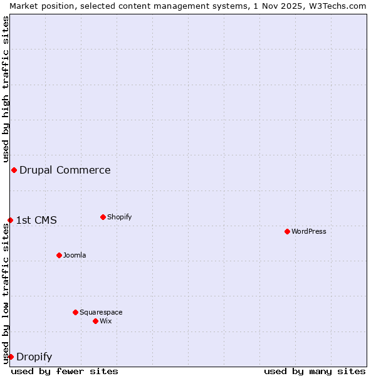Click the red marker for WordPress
[x=287, y=231]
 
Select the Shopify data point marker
[x=103, y=217]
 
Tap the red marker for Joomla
[x=59, y=255]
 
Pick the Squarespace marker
[x=75, y=312]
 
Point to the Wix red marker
[x=95, y=321]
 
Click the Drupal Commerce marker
[x=14, y=170]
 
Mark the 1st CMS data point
[x=10, y=220]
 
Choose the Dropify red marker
[x=11, y=357]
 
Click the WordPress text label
[x=309, y=231]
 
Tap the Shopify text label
[x=120, y=217]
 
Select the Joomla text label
[x=75, y=255]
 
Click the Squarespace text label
[x=101, y=312]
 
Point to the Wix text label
[x=106, y=321]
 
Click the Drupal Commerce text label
[x=65, y=170]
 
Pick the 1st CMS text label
[x=36, y=220]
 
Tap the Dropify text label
[x=34, y=357]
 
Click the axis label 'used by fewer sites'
[x=65, y=371]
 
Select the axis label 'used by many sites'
[x=315, y=371]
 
